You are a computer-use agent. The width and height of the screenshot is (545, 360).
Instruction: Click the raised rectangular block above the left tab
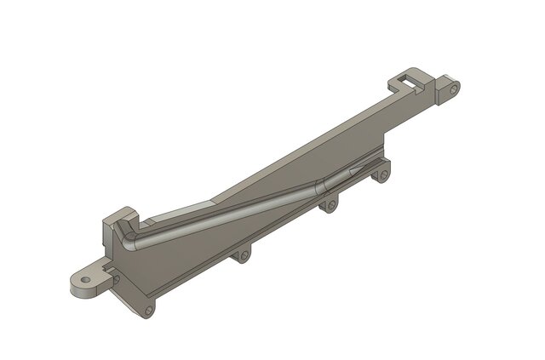(x=118, y=219)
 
